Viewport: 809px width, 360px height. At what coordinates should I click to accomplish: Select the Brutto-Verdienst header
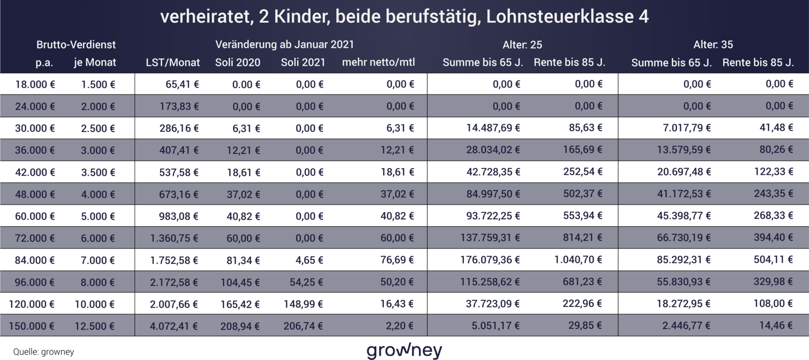click(76, 45)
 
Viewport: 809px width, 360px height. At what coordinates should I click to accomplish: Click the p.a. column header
click(44, 62)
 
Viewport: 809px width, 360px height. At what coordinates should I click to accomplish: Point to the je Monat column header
click(95, 62)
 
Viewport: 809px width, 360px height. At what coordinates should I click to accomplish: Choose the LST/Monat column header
click(173, 62)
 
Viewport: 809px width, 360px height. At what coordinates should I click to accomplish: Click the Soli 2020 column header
click(237, 62)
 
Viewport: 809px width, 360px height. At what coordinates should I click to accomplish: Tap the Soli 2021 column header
click(303, 62)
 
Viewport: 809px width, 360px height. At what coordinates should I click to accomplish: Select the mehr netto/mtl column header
click(378, 62)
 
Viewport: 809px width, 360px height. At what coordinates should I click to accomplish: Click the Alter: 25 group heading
click(522, 45)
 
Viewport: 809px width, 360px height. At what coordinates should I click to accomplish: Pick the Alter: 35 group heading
click(713, 45)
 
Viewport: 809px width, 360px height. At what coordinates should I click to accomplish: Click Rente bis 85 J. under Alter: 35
click(758, 63)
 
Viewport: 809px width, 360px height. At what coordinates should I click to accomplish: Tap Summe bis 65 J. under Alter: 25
click(482, 62)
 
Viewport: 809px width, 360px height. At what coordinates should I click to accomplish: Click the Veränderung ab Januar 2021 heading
click(285, 45)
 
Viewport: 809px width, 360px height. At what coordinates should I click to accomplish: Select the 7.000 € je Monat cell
click(98, 261)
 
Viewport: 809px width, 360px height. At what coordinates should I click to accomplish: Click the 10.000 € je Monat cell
click(95, 305)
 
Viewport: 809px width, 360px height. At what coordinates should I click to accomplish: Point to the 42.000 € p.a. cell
click(34, 173)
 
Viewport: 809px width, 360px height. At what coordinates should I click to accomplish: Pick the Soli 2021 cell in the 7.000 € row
click(309, 261)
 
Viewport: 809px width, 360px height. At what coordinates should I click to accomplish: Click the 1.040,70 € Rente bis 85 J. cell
click(578, 261)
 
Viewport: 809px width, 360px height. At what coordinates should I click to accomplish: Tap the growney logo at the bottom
click(404, 350)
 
